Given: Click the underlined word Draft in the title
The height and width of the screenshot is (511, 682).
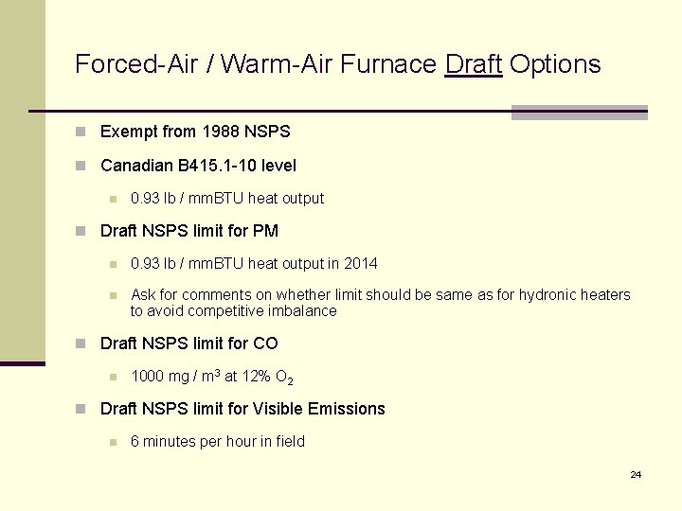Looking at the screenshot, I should point(473,64).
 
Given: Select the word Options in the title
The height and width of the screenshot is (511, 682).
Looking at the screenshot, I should point(555,64).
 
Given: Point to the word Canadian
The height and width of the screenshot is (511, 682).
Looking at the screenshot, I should point(136,166).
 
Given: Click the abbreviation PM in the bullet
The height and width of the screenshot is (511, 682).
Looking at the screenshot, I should point(266,231).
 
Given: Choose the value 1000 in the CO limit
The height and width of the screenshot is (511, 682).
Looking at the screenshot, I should point(147,377).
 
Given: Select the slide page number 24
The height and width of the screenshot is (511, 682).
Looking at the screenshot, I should point(636,474).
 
